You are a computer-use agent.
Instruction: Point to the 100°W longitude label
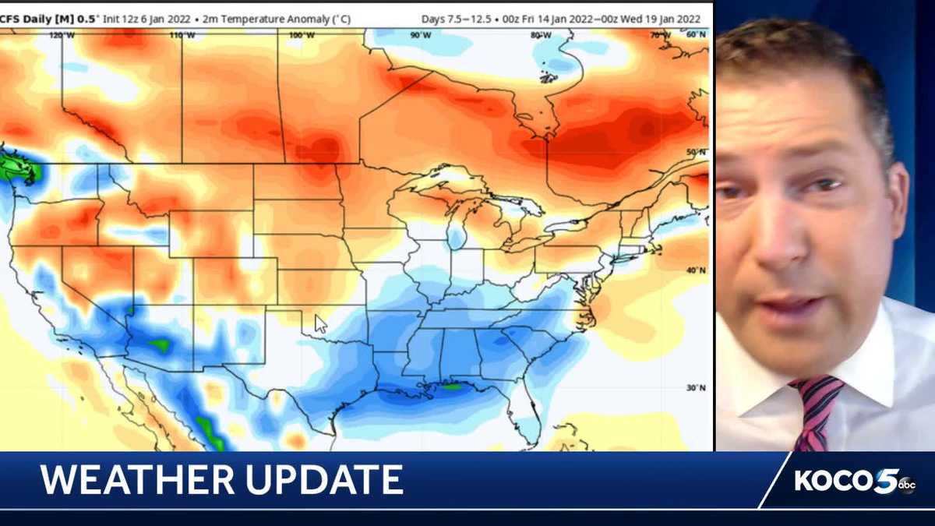[x=302, y=35]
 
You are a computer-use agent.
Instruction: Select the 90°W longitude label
[x=421, y=35]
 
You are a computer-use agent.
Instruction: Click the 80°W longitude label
[x=541, y=35]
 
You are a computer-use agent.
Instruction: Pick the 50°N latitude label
[x=696, y=151]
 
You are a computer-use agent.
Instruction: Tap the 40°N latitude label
[x=696, y=270]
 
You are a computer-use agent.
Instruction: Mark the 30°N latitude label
[x=696, y=387]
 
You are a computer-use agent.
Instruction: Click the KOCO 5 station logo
[x=845, y=480]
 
